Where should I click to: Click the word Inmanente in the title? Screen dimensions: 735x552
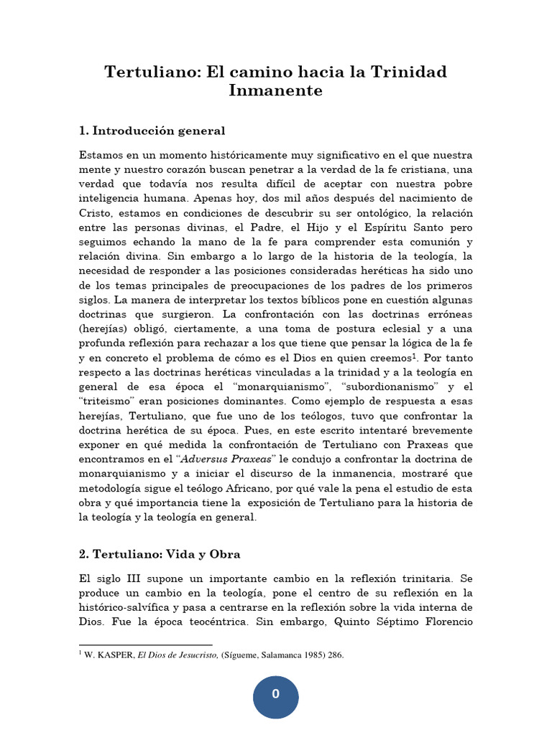point(275,91)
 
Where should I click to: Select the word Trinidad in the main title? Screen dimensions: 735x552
point(409,72)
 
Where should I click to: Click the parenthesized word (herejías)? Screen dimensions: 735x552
point(105,340)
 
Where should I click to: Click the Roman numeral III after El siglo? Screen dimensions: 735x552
point(137,579)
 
